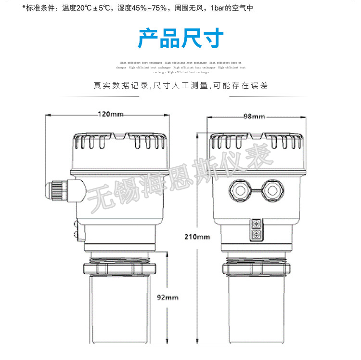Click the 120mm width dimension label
111,115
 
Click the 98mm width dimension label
254,116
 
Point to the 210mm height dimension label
197,237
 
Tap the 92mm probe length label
168,297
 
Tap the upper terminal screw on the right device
256,224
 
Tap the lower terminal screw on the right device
256,236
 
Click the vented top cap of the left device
120,142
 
